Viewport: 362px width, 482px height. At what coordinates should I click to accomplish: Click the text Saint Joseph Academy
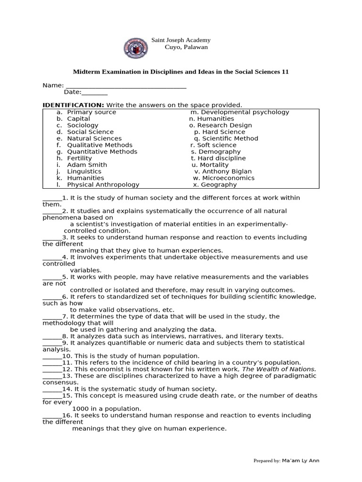[x=181, y=40]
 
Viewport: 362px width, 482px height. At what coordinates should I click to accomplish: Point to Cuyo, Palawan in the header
[x=186, y=47]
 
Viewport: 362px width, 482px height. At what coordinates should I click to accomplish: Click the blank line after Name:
[x=126, y=86]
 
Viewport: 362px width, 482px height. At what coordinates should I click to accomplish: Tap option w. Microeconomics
[x=223, y=178]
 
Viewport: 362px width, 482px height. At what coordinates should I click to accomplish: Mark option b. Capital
[x=78, y=119]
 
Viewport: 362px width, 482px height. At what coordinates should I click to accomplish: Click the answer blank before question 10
[x=52, y=356]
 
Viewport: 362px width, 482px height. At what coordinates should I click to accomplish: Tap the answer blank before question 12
[x=52, y=370]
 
